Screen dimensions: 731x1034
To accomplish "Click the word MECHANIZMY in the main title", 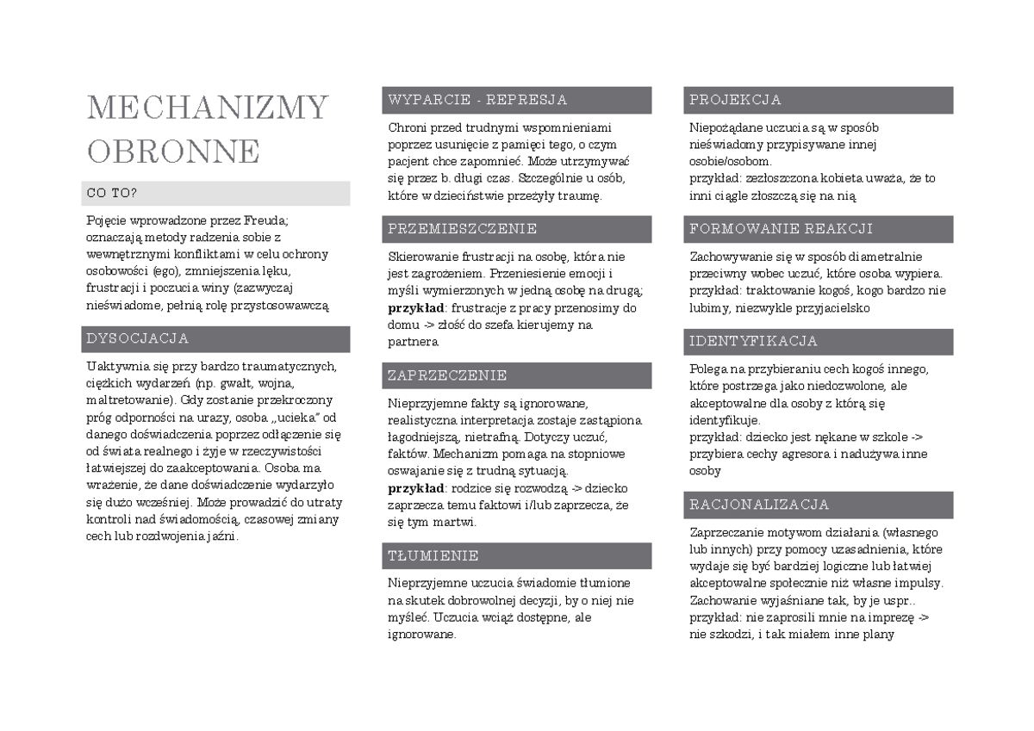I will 208,108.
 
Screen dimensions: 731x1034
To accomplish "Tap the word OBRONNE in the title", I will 173,151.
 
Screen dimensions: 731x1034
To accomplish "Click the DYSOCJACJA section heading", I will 137,338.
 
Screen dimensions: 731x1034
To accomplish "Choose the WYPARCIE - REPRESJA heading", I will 477,100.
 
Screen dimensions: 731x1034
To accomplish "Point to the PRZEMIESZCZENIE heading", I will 462,229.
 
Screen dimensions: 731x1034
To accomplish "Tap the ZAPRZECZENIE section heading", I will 447,375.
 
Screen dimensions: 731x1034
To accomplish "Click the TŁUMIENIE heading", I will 433,555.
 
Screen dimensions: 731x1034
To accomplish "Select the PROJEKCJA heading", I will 735,100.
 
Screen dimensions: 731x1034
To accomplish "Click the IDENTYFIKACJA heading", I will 753,341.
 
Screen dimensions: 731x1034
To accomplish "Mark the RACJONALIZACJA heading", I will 759,505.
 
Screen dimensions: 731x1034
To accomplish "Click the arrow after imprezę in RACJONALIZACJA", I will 924,617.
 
